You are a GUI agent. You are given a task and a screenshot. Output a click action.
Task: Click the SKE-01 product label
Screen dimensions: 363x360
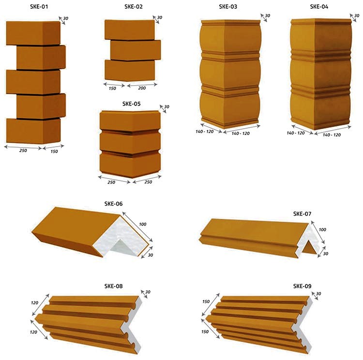(39, 6)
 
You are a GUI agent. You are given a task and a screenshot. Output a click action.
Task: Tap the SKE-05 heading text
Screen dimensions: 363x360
(131, 104)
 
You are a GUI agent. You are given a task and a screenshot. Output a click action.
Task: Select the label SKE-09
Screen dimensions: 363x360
(302, 286)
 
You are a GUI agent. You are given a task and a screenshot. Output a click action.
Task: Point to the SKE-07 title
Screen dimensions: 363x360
(302, 214)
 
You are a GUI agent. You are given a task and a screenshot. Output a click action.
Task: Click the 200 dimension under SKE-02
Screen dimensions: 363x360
(142, 88)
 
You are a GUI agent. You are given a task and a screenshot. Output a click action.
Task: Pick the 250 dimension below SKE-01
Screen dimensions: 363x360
(23, 150)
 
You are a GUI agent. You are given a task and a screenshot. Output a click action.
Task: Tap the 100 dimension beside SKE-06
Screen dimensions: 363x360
(143, 224)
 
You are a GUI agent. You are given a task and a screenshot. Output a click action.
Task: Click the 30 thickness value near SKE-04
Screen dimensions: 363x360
(357, 16)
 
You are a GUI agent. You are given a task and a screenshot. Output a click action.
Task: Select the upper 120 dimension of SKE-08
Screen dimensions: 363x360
(34, 302)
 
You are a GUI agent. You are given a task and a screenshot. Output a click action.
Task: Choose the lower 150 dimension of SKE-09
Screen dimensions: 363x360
(205, 331)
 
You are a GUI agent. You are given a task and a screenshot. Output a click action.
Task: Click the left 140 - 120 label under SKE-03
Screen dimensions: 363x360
(205, 132)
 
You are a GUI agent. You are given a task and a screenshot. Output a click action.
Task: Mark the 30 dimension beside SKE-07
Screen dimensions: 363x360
(326, 254)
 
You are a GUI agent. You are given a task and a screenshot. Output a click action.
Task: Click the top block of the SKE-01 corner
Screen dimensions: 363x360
(33, 33)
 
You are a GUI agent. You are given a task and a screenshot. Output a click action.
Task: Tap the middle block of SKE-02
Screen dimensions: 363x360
(136, 50)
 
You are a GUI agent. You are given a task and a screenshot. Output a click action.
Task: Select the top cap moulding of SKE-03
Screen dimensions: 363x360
(231, 22)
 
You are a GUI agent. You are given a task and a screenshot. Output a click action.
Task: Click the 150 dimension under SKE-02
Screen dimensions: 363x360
(112, 88)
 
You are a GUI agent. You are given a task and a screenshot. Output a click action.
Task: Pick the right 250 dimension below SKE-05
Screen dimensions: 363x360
(148, 182)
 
